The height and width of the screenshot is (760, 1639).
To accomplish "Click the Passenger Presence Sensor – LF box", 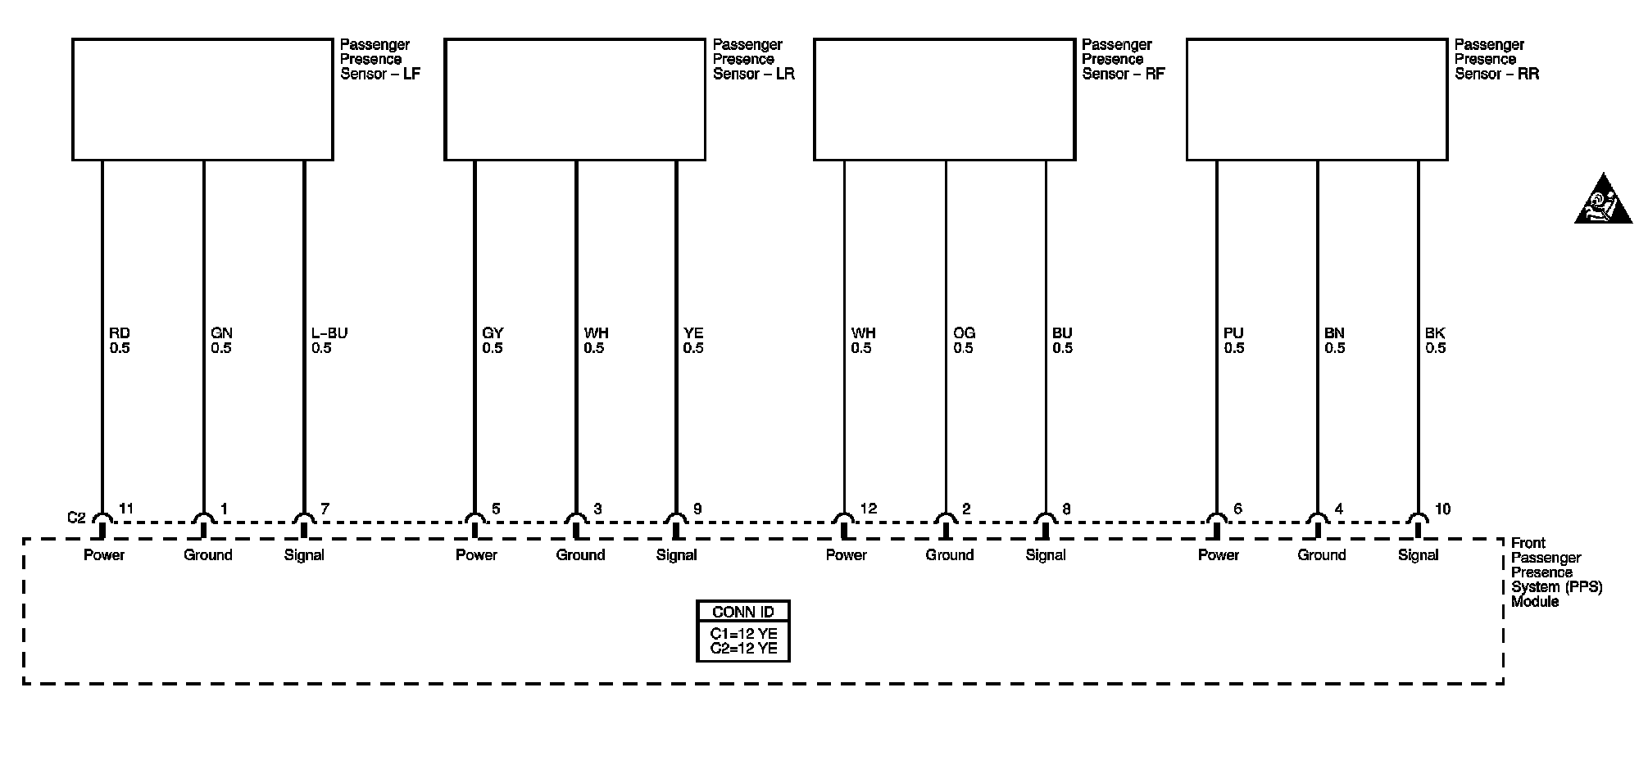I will point(202,99).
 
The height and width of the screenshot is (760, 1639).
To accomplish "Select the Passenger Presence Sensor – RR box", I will point(1317,99).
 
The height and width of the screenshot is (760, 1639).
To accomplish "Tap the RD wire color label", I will point(120,333).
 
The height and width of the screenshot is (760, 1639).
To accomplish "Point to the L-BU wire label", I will point(329,333).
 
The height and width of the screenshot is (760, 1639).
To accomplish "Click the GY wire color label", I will point(493,333).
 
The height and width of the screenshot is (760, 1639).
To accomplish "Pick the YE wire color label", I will point(693,333).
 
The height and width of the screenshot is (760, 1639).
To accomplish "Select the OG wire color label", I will point(965,333).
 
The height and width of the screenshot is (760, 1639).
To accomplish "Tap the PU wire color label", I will point(1233,333).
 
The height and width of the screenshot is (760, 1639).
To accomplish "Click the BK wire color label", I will point(1436,333).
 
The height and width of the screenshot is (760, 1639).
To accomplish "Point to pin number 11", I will point(126,509).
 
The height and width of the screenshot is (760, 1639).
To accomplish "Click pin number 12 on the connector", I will point(869,509).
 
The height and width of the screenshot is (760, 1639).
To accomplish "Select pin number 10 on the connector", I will point(1442,509).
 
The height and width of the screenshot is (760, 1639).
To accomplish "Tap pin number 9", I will point(697,509).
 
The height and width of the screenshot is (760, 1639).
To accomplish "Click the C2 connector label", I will point(76,518).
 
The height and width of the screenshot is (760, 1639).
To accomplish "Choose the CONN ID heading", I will point(743,612).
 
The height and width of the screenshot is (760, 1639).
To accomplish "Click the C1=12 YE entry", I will point(743,634).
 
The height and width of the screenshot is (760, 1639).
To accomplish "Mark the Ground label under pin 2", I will point(950,555).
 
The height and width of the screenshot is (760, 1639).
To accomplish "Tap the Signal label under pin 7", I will point(304,555).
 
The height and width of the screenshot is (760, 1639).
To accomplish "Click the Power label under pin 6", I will point(1219,555).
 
